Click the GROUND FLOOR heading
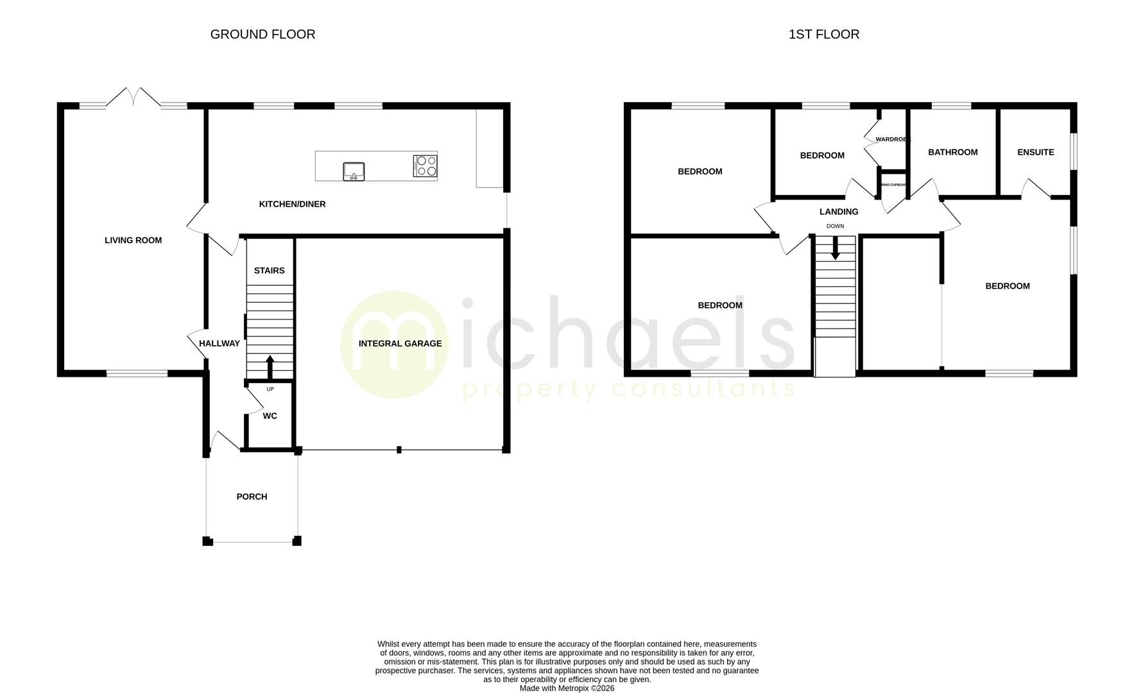262,34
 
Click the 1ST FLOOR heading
823,34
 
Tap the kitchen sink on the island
354,171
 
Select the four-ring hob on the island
425,166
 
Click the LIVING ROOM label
133,240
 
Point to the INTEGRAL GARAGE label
400,343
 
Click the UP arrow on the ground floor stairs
270,367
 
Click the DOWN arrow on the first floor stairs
835,248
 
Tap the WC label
270,416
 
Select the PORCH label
252,497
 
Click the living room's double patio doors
133,98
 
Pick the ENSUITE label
1035,152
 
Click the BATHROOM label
952,152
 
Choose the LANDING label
838,212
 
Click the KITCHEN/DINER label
292,204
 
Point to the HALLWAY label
219,343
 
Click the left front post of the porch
207,541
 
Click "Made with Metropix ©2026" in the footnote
567,688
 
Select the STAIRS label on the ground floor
269,271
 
